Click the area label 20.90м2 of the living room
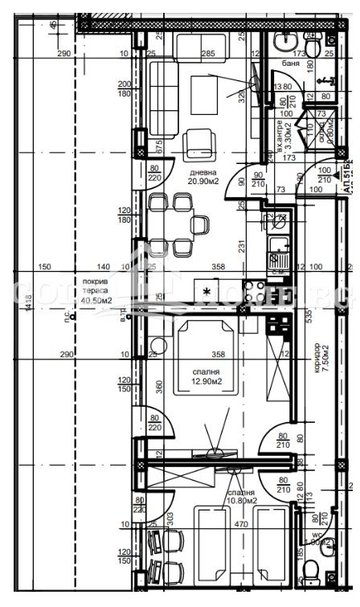[x=202, y=181]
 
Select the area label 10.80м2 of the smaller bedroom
[x=241, y=501]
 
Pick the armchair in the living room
[x=198, y=145]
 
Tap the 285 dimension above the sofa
[x=207, y=55]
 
